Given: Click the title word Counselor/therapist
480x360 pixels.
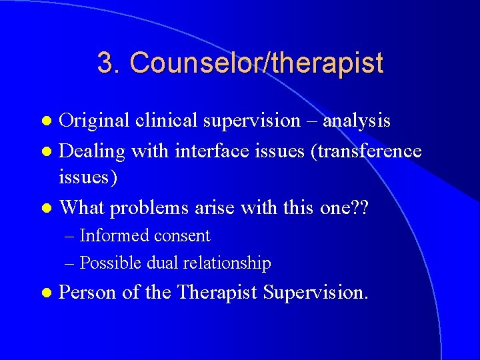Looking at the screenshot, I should click(x=257, y=63).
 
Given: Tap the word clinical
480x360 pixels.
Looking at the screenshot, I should click(x=159, y=121).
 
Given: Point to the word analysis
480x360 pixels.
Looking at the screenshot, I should click(x=357, y=121).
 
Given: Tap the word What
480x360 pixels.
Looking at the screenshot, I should click(x=81, y=207).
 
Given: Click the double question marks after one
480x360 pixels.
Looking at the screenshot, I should click(x=360, y=207).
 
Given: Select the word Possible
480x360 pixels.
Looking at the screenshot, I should click(x=110, y=263).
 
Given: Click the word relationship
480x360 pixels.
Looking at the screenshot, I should click(x=228, y=263).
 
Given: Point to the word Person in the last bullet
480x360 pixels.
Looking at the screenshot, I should click(x=89, y=293).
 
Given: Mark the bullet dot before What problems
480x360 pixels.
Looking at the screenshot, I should click(x=46, y=208).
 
